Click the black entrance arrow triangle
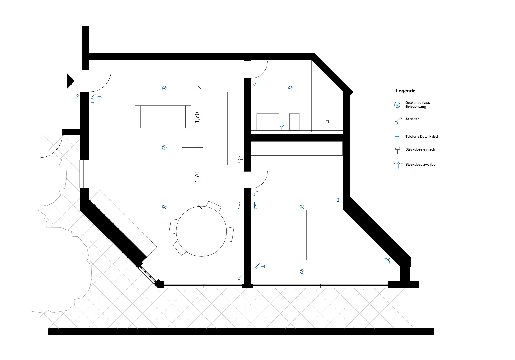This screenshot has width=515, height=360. (x=70, y=81)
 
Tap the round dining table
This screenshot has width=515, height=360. (x=201, y=231)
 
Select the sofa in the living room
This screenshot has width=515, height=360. (x=163, y=114)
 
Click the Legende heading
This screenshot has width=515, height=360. (x=405, y=91)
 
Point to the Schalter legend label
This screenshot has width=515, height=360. (x=412, y=119)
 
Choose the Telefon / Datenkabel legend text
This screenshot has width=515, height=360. (x=422, y=137)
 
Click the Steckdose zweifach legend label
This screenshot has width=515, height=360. (x=421, y=165)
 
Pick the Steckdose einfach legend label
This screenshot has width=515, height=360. (x=420, y=149)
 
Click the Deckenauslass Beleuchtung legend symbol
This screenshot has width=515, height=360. (x=397, y=105)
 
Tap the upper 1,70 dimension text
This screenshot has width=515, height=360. (x=197, y=118)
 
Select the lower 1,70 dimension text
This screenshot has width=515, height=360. (x=197, y=177)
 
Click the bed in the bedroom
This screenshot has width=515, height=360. (x=279, y=235)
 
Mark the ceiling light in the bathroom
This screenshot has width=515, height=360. (x=290, y=88)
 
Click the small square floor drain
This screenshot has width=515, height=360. (x=327, y=122)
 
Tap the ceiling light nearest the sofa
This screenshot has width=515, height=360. (x=164, y=88)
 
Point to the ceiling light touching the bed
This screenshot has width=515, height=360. (x=302, y=207)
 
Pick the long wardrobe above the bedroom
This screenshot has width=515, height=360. (x=297, y=148)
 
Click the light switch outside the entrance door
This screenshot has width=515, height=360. (x=76, y=97)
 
